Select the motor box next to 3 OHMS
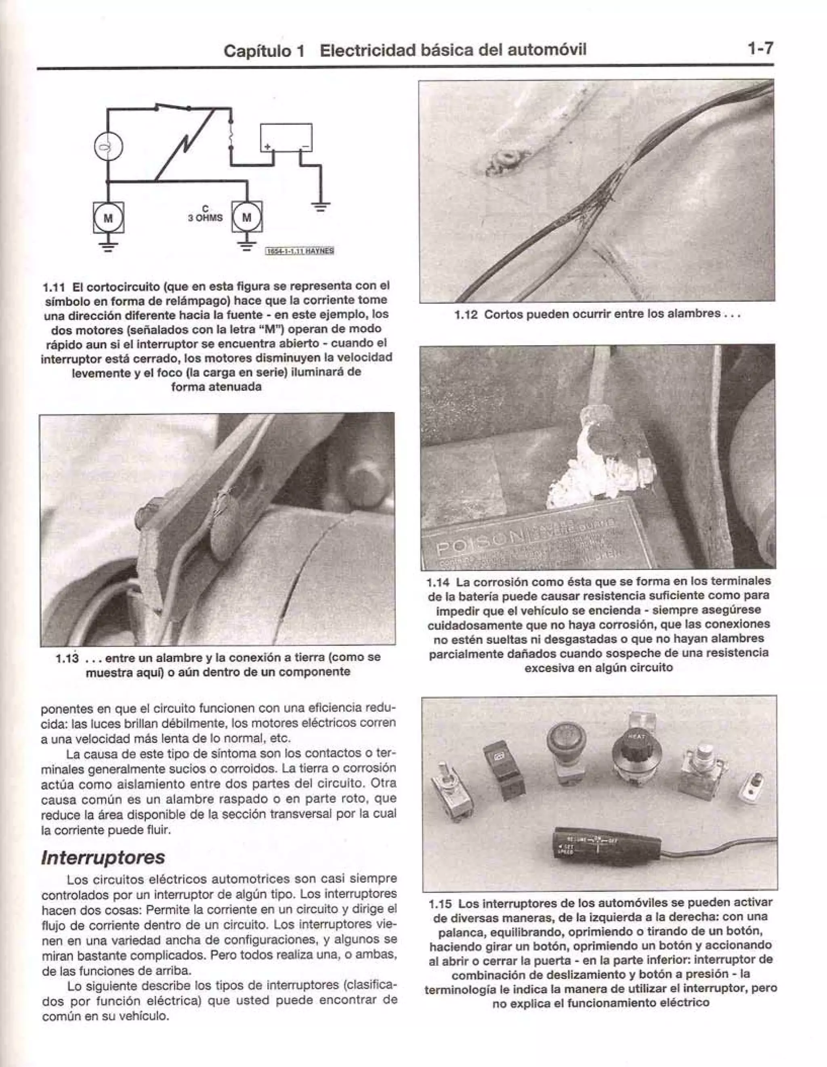coord(247,218)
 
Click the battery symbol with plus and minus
coord(286,138)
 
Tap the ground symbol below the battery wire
coord(321,207)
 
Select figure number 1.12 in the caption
coord(465,314)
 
